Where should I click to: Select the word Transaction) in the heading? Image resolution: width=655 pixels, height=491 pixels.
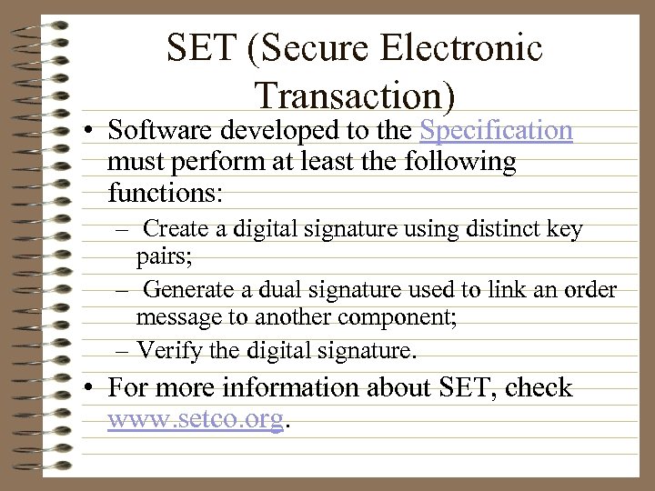coord(355,94)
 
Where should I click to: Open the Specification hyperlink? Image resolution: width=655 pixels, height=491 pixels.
coord(496,130)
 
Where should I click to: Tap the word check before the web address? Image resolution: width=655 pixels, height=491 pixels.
coord(539,388)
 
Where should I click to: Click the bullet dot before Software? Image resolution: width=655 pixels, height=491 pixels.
coord(93,132)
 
